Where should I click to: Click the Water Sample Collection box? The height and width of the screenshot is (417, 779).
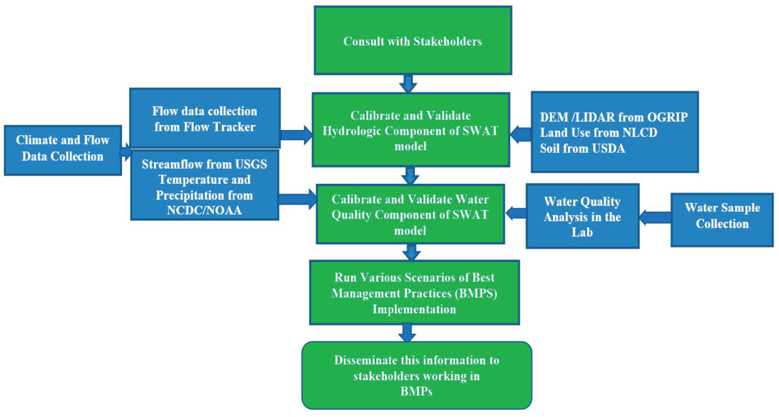pos(722,220)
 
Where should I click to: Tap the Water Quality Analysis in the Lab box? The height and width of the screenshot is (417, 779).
pos(582,216)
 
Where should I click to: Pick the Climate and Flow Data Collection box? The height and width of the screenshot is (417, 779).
pos(63,150)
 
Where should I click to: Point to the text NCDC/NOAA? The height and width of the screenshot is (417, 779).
pos(204,210)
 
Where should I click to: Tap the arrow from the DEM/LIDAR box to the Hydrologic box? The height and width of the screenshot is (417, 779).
pos(521,134)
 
